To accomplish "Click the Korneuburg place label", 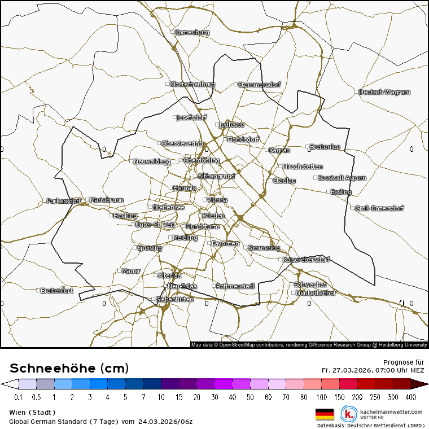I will [192, 33].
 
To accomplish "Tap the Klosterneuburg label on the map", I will [192, 84].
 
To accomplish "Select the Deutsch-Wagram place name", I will [384, 92].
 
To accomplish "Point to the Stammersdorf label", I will [260, 85].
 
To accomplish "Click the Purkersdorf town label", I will [64, 201].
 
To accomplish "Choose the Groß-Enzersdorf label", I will [379, 208].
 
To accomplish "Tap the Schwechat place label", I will [310, 284].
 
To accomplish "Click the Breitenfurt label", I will [57, 291].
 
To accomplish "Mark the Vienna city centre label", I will [217, 200].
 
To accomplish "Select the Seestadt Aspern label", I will [342, 178].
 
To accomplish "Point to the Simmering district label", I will [264, 248].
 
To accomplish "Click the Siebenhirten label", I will [174, 299].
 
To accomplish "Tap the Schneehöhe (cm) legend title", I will [69, 369].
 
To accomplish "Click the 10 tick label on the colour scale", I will [161, 397].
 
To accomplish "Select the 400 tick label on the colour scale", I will [410, 397].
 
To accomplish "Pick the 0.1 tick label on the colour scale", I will [18, 397].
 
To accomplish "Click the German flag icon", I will [325, 414].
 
